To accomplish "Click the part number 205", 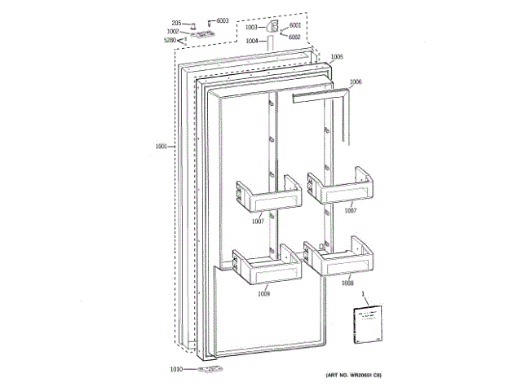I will (x=175, y=23).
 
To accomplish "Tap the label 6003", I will (x=222, y=21).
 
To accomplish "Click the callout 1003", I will (x=251, y=29).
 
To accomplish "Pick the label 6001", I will (x=295, y=25).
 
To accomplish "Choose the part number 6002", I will (x=294, y=37).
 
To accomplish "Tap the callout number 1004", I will (x=251, y=40).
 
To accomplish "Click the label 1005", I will (x=337, y=57).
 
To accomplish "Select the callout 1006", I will (x=356, y=81).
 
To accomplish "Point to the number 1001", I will (x=161, y=147).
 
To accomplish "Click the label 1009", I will (x=263, y=293).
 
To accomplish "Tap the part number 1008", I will (x=347, y=284).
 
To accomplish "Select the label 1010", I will (x=177, y=370).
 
